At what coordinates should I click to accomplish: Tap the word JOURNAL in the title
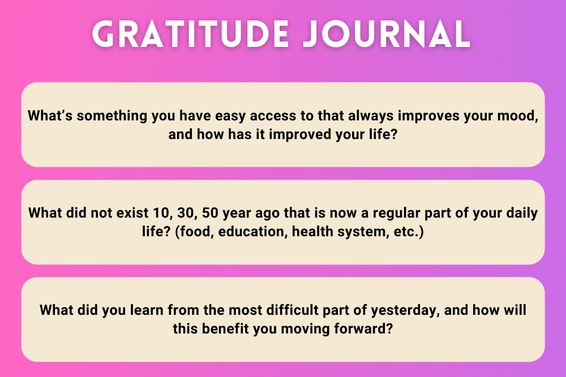(387, 34)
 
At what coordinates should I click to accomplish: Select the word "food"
(194, 232)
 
